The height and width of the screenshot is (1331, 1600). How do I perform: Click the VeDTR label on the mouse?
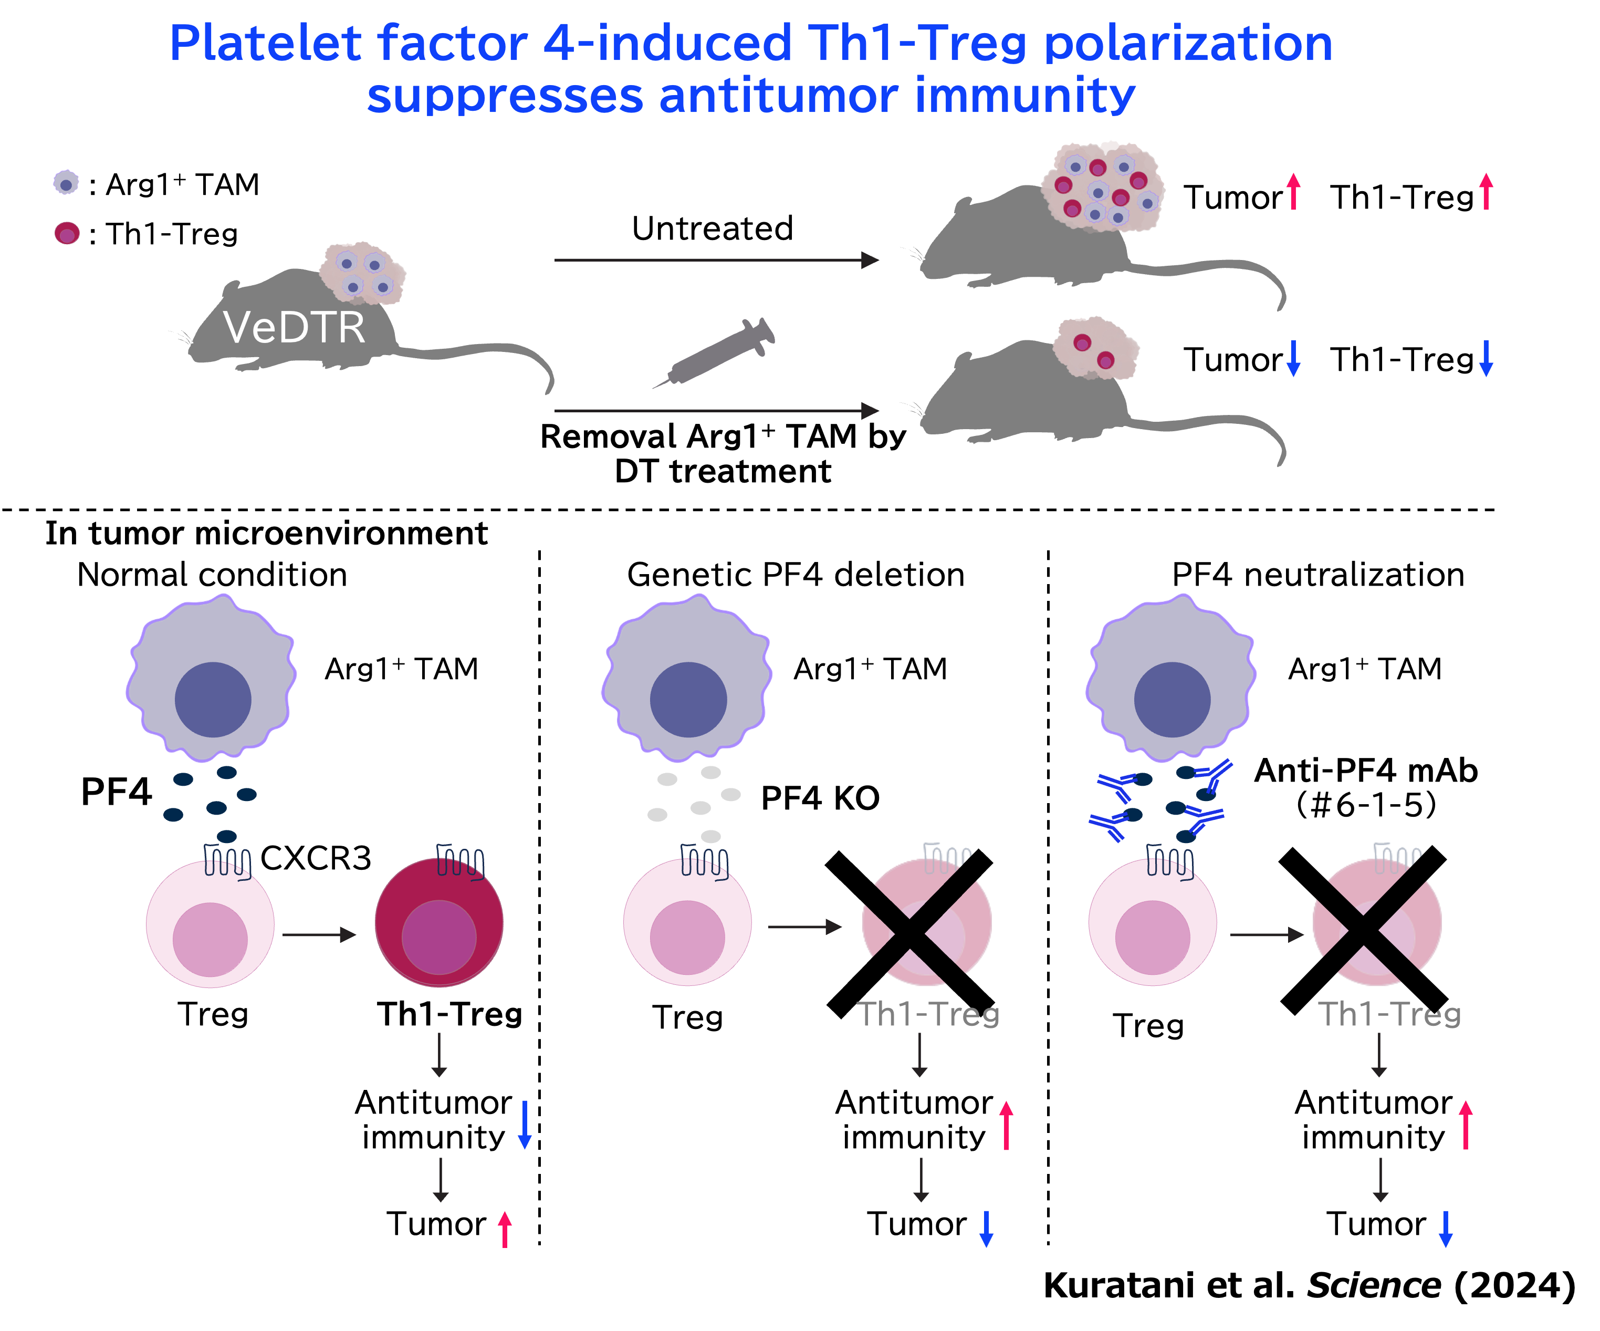coord(294,328)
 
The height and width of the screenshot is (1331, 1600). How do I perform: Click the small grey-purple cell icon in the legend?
coord(66,183)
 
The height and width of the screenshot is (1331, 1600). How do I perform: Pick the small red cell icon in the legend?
coord(67,233)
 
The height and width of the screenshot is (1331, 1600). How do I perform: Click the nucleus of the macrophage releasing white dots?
coord(688,699)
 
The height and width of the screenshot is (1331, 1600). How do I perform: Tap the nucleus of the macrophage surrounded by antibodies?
coord(1172,699)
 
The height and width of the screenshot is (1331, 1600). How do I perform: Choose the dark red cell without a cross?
coord(439,922)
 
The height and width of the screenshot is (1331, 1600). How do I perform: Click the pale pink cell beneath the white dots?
coord(687,922)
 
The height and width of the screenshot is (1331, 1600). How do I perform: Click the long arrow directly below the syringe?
coord(716,411)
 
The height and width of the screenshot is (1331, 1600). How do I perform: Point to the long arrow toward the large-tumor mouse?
coord(716,260)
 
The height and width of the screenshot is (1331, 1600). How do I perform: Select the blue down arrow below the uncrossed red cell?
coord(524,1125)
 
